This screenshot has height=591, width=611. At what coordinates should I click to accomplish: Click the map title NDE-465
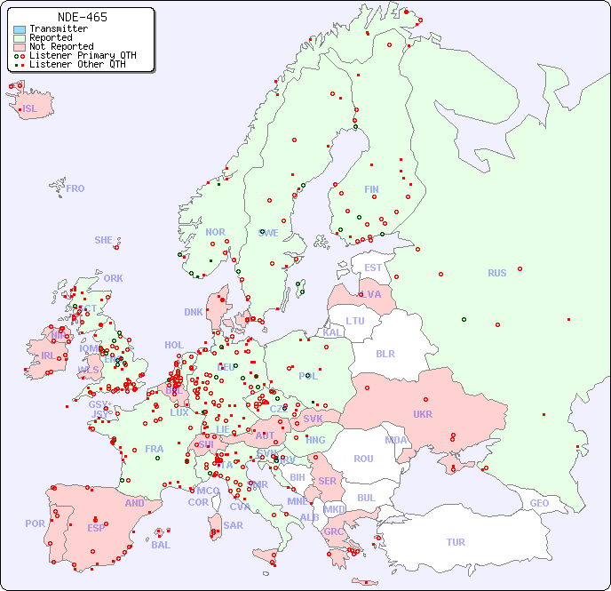82,17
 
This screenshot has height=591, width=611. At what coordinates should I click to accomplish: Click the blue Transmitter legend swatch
20,29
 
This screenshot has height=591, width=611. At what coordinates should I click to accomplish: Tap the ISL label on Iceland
30,109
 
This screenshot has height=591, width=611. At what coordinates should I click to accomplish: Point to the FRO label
75,188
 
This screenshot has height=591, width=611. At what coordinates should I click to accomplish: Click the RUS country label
496,273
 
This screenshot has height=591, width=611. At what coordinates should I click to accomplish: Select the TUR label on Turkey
456,542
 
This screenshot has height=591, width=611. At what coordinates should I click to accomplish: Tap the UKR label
423,414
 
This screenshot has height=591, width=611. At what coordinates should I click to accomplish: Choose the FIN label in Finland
371,189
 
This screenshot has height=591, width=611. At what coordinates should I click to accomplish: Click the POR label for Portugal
35,523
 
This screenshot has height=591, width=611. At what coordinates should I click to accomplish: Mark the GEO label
539,503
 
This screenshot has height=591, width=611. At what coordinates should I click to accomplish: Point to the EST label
373,268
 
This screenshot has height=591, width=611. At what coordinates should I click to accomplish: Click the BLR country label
385,353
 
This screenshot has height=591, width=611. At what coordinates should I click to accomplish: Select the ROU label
363,459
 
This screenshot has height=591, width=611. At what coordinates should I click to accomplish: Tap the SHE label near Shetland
104,240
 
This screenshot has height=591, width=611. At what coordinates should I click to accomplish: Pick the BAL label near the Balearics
161,545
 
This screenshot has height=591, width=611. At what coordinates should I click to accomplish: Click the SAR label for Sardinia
234,525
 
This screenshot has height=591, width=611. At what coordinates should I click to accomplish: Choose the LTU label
355,321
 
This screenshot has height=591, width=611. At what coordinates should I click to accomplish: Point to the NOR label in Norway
215,232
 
